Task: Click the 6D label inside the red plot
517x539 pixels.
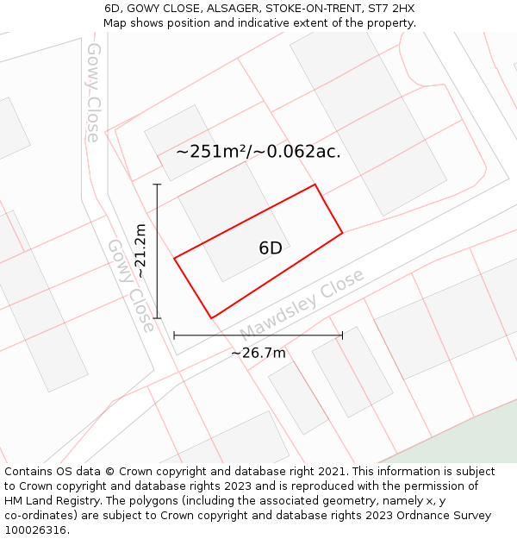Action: click(271, 248)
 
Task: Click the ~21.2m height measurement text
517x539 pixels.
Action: click(140, 251)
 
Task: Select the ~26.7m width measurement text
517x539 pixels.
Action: click(258, 353)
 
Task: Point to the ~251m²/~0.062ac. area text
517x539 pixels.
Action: click(258, 152)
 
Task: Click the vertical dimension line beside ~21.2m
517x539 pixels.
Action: click(158, 251)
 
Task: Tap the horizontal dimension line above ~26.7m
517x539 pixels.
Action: click(258, 335)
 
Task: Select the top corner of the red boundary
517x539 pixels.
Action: click(315, 185)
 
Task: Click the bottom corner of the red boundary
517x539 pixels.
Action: click(211, 318)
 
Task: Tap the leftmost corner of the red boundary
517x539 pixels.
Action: click(175, 258)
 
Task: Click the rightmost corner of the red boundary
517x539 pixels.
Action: click(342, 232)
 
